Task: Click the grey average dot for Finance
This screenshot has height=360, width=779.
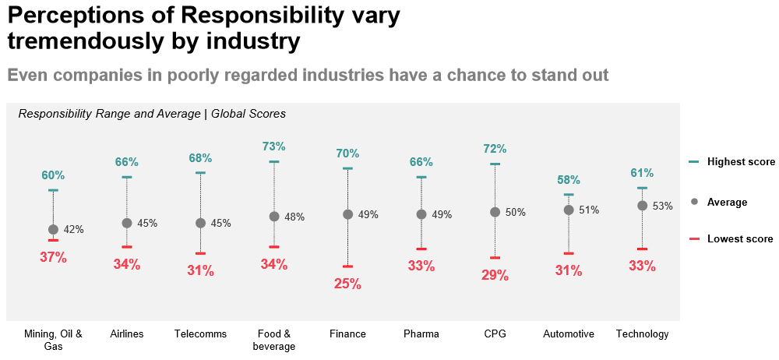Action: point(347,215)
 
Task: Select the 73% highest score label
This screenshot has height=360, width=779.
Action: point(274,146)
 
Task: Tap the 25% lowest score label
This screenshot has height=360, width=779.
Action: point(347,284)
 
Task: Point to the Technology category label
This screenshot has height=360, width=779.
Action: point(642,334)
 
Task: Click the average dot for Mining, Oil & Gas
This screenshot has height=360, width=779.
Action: point(53,230)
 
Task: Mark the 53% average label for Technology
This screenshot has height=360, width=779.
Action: point(662,206)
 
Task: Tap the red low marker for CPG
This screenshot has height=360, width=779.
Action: point(495,258)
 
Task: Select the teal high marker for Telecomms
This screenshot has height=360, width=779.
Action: point(200,172)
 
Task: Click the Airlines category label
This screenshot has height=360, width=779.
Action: point(127,334)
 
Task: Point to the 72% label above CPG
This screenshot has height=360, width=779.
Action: point(495,149)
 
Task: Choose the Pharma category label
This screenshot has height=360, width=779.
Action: point(421,334)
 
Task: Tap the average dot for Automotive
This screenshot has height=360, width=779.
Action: point(569,210)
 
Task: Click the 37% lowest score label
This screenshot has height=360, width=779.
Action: point(53,257)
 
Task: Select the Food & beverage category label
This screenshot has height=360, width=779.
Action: point(274,340)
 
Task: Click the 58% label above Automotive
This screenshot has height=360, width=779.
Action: point(569,180)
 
